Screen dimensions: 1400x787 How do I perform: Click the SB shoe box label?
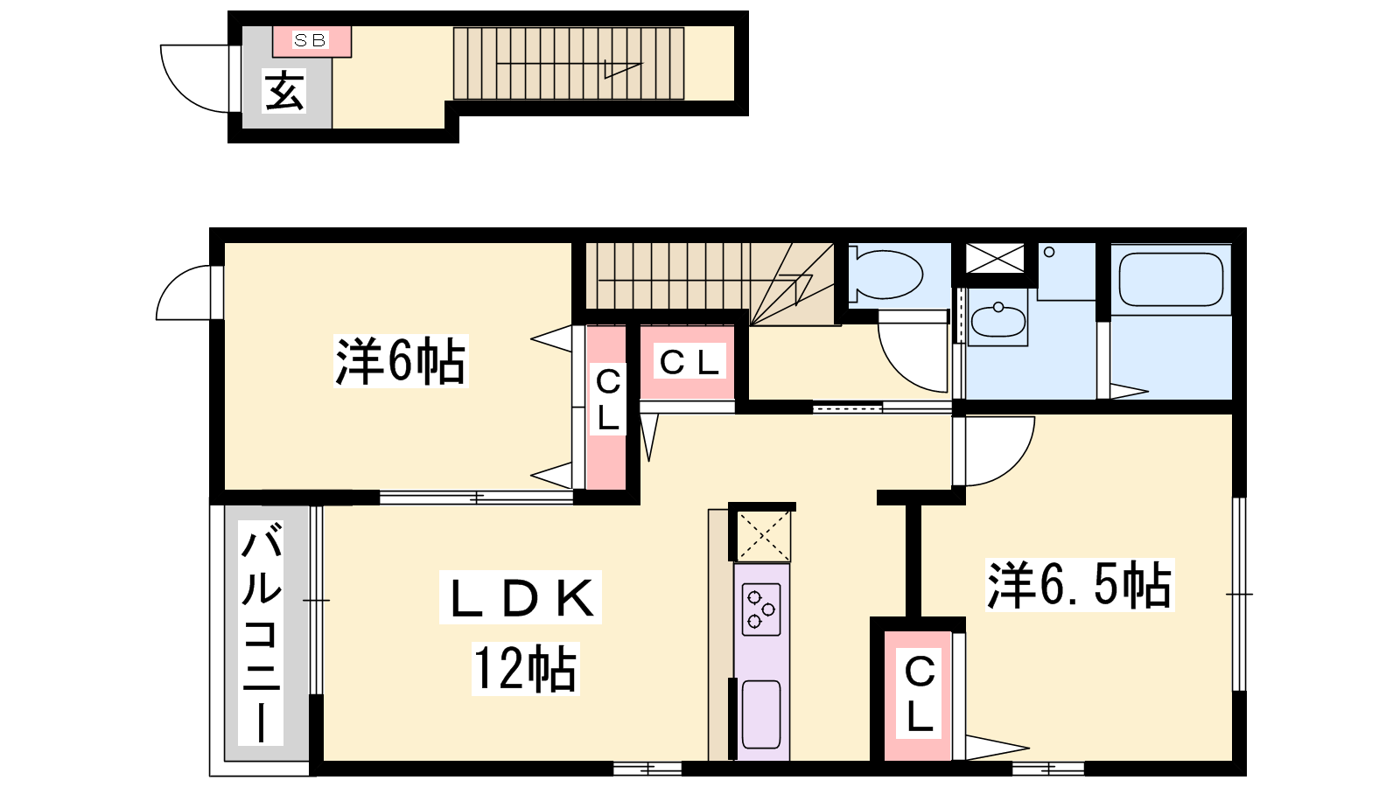(x=310, y=40)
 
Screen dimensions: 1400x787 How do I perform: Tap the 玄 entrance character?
(x=285, y=91)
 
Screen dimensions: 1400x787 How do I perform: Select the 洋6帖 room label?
(x=401, y=361)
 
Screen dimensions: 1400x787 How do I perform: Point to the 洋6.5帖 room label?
(x=1080, y=585)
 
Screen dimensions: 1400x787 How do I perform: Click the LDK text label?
(x=521, y=598)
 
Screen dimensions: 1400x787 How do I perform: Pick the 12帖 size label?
(x=525, y=669)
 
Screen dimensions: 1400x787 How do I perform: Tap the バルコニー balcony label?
(x=262, y=633)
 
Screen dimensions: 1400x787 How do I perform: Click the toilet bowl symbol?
(x=885, y=275)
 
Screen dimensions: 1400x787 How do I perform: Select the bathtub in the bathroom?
(x=1171, y=279)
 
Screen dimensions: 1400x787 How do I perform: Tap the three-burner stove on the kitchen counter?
(x=760, y=609)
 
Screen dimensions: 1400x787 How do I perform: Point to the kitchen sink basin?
(x=760, y=714)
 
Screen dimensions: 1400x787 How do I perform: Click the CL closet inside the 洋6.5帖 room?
(x=918, y=695)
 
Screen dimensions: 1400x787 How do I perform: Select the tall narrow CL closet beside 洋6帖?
(x=606, y=407)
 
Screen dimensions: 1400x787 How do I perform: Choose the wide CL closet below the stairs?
(x=688, y=362)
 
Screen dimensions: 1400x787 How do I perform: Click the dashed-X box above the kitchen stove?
(x=762, y=535)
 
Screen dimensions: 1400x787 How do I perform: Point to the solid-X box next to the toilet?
(x=995, y=259)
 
